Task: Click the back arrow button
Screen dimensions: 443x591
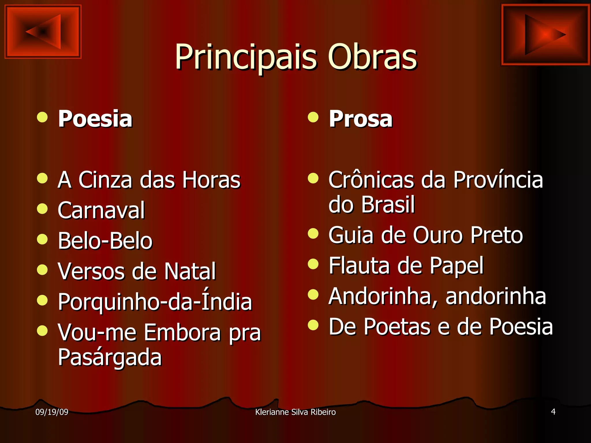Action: (x=43, y=31)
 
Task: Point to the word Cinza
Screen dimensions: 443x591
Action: (x=105, y=180)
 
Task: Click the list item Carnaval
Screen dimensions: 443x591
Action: (x=101, y=210)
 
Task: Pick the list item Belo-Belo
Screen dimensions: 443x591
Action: (x=105, y=241)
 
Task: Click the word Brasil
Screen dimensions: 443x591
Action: (x=388, y=204)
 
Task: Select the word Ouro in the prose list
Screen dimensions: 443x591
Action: (x=437, y=235)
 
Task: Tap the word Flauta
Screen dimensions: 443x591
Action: (x=359, y=265)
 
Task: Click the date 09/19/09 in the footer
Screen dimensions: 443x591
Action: (x=52, y=412)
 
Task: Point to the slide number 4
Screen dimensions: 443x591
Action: (x=553, y=412)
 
